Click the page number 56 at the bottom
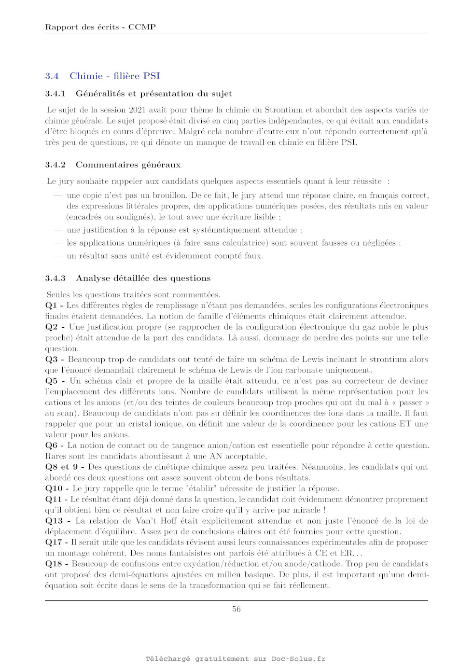pos(236,609)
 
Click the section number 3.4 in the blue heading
pos(52,76)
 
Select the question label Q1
pos(51,306)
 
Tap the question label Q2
pos(51,327)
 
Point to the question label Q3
pos(51,359)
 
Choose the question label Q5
pos(51,381)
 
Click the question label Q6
pos(51,446)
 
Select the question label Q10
pos(53,488)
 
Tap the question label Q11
pos(53,499)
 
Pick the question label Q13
pos(54,521)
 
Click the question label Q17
pos(53,542)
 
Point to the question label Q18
pos(53,564)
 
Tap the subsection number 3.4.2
pos(55,165)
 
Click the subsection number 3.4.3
pos(55,279)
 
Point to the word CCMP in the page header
pos(142,27)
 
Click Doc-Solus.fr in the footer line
pos(298,659)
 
